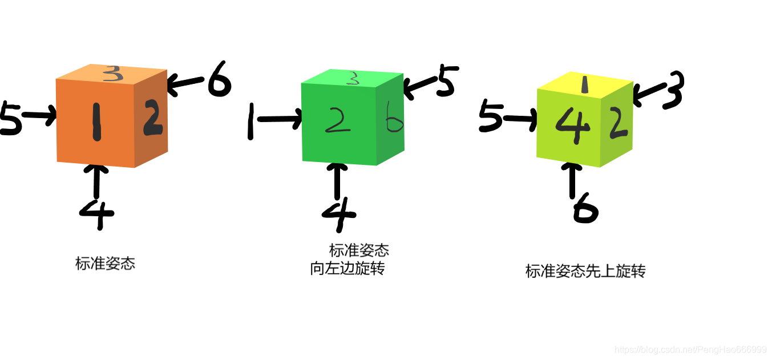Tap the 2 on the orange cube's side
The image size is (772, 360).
click(x=152, y=118)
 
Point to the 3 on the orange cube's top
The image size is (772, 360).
click(x=114, y=72)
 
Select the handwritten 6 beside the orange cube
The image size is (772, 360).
click(x=219, y=81)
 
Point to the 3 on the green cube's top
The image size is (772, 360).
click(x=354, y=79)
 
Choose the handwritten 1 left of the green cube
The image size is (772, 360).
click(x=250, y=121)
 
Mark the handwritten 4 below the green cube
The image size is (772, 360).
click(x=339, y=213)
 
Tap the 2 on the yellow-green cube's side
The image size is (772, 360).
click(x=618, y=123)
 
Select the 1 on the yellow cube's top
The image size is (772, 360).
click(x=584, y=85)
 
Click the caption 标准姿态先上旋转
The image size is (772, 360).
click(x=585, y=271)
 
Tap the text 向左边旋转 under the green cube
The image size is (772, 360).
click(x=347, y=268)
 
